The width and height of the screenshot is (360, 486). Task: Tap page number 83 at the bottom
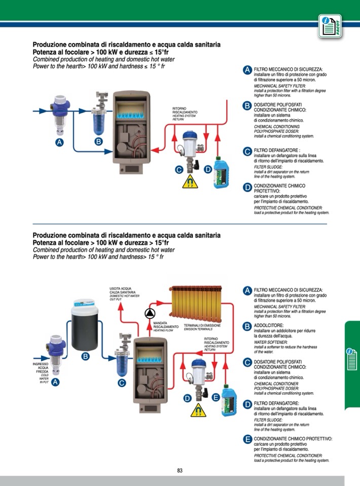click(x=180, y=470)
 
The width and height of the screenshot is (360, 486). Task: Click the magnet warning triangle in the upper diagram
click(x=191, y=181)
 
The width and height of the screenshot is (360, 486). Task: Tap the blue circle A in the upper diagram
click(x=60, y=142)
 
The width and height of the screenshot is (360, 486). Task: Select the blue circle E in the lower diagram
click(x=216, y=397)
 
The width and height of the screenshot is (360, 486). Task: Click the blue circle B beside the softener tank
click(x=86, y=357)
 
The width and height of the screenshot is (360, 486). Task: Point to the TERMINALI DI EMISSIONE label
click(x=202, y=327)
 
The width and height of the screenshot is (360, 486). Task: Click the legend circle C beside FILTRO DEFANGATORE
click(x=247, y=152)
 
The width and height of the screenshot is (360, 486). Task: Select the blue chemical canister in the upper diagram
click(x=222, y=172)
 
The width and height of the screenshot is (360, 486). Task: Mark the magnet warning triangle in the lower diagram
click(x=198, y=409)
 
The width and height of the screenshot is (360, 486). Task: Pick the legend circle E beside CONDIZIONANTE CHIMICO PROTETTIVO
click(x=247, y=439)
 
